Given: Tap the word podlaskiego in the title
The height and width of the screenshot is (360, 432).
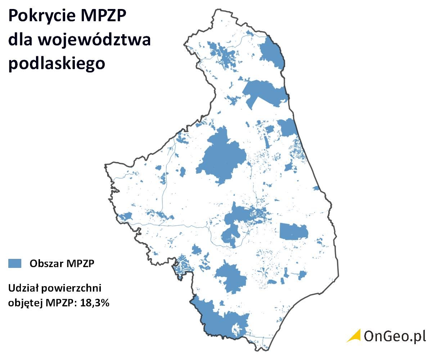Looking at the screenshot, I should coord(57,63).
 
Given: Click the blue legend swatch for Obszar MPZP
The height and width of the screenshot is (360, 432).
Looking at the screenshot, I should coord(15,263).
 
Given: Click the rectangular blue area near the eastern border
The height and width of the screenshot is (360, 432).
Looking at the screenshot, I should coord(294,231).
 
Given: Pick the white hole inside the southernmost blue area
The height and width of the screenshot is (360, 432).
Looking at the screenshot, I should coord(236,329).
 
